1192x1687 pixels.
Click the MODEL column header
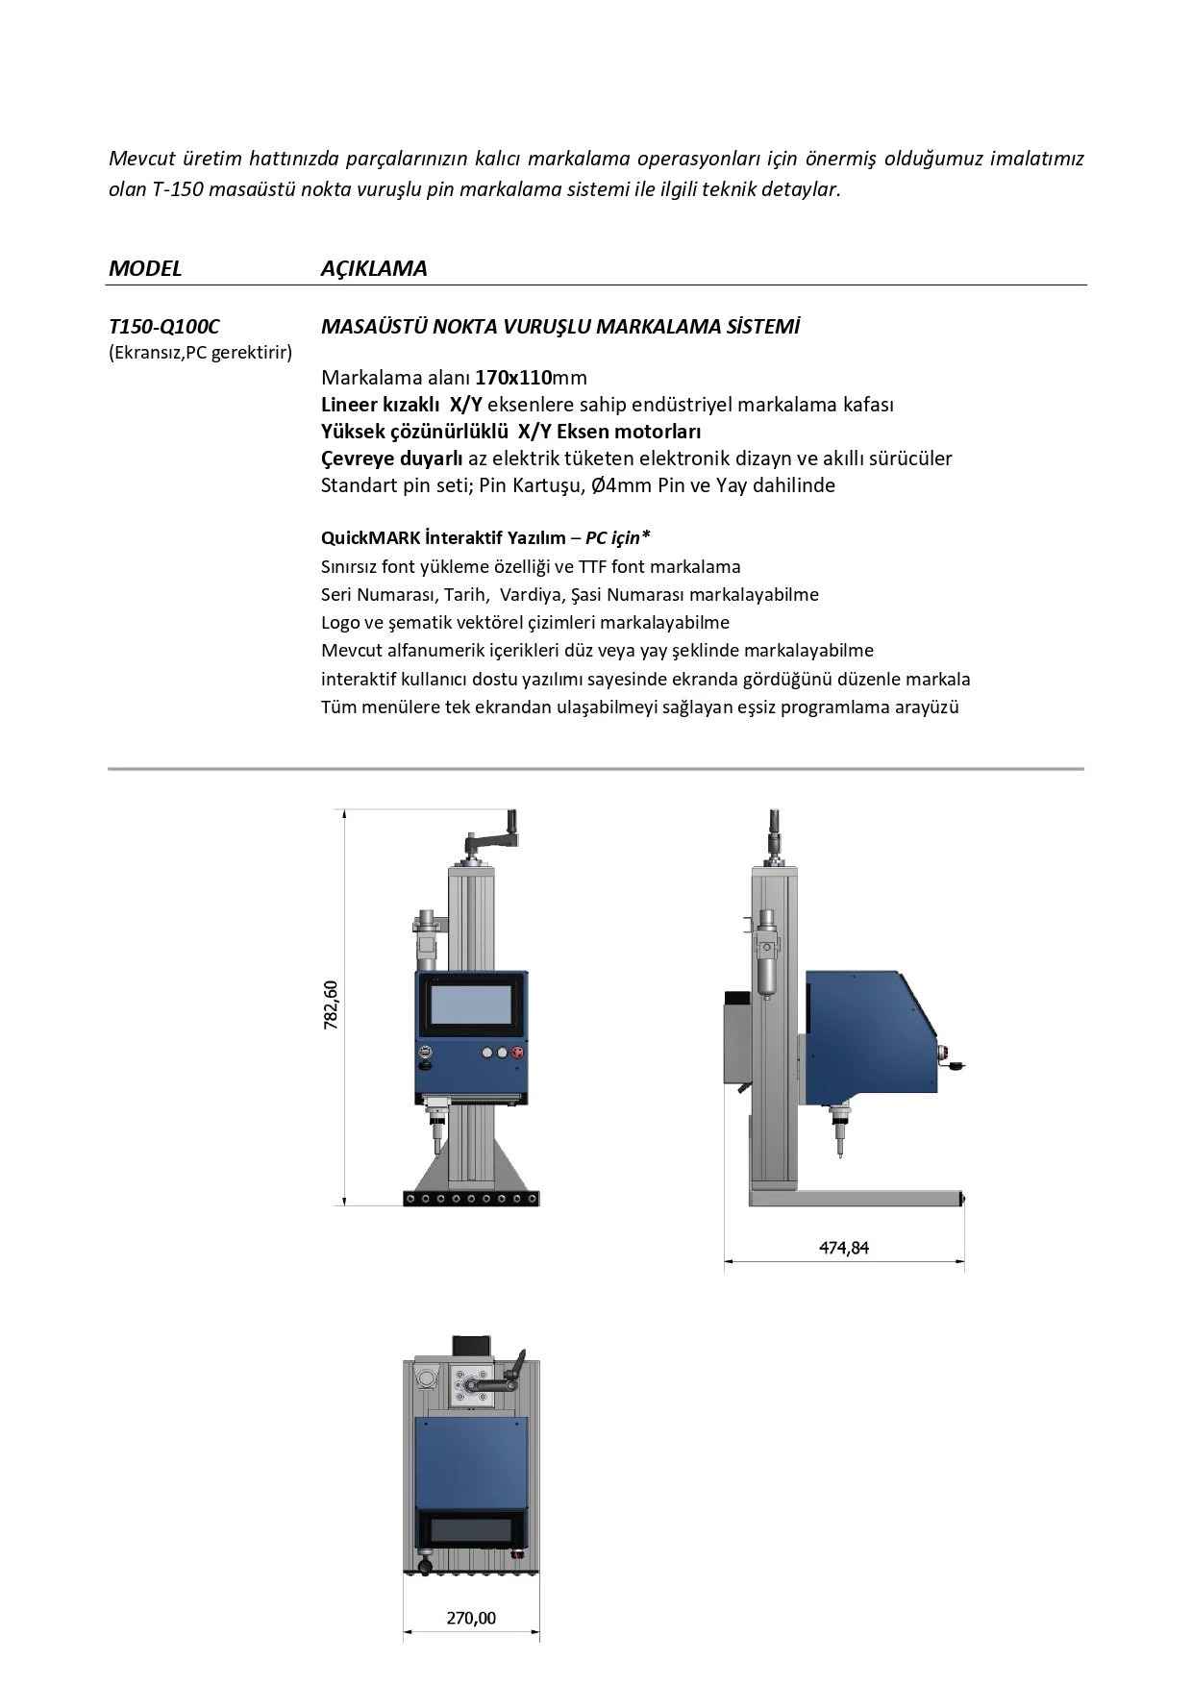145,268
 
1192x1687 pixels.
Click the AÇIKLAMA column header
374,268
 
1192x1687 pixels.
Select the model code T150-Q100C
164,327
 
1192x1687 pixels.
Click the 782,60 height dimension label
332,1005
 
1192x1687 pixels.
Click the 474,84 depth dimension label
844,1248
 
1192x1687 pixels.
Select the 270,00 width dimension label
471,1618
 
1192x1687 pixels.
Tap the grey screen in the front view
471,1005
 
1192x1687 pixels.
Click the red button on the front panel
520,1053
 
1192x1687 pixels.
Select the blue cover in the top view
471,1461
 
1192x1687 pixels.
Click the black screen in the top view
471,1528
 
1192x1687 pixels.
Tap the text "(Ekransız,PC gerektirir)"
200,353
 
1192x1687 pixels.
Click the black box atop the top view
472,1345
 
